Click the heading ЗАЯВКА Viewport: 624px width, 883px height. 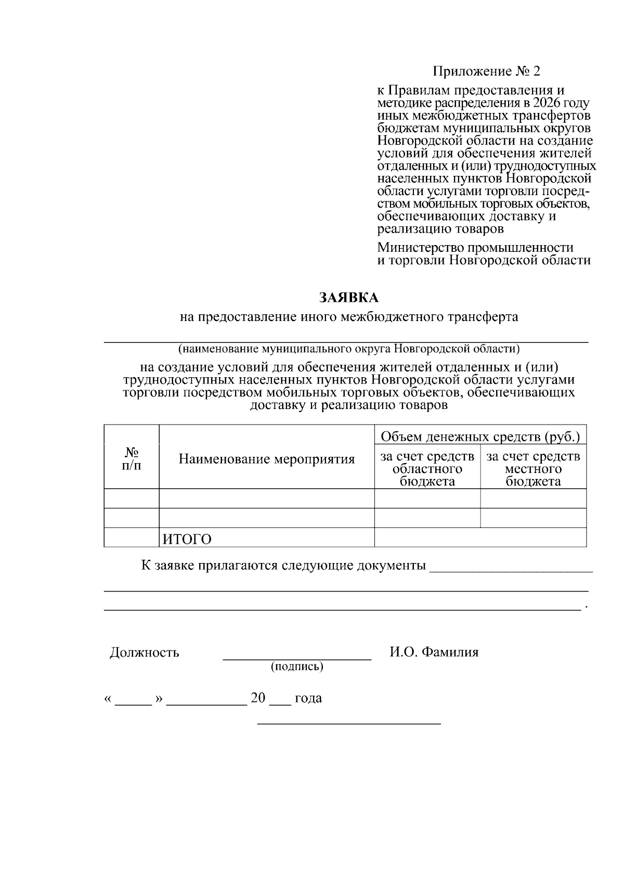point(348,298)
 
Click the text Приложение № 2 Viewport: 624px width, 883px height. point(487,71)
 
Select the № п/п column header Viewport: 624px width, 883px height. point(132,458)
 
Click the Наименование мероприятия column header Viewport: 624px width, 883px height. point(267,459)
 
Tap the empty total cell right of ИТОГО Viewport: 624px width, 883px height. point(480,538)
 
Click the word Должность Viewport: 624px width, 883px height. point(145,652)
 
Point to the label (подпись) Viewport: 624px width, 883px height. point(297,667)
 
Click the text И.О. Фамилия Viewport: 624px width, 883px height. point(434,652)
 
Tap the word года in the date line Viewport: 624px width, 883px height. point(308,698)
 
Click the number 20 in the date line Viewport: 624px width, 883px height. point(258,698)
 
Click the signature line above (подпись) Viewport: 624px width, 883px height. point(297,659)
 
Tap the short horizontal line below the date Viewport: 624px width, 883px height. point(349,724)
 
